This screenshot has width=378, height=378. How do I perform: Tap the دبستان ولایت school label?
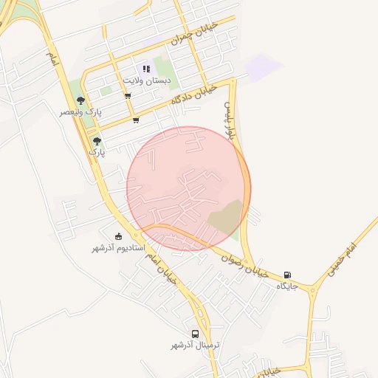point(146,79)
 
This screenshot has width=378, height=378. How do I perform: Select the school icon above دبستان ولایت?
point(146,69)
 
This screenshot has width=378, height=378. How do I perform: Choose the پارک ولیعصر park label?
point(80,111)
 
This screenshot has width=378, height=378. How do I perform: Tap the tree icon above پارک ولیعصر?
point(80,101)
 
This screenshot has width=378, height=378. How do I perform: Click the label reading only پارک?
point(97,151)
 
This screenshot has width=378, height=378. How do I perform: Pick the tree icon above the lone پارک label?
point(97,140)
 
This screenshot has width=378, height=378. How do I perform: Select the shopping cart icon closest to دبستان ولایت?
point(128,96)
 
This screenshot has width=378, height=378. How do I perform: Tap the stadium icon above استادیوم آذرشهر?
point(119,237)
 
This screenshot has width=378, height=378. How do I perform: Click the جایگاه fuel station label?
point(287,285)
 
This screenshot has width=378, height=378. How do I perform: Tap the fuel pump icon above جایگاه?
point(287,275)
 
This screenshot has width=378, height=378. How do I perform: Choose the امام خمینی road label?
point(340,258)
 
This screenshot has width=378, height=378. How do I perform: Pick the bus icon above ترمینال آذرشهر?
point(195,334)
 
